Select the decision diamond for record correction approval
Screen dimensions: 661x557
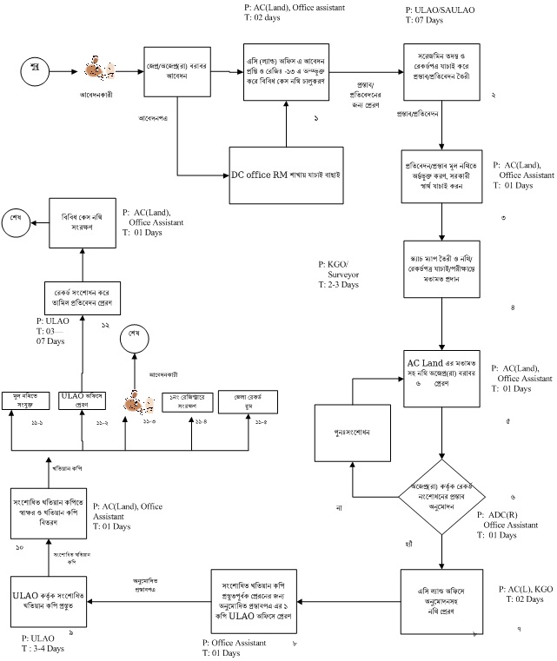pyautogui.click(x=441, y=496)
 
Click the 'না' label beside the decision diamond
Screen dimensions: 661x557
pyautogui.click(x=341, y=506)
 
